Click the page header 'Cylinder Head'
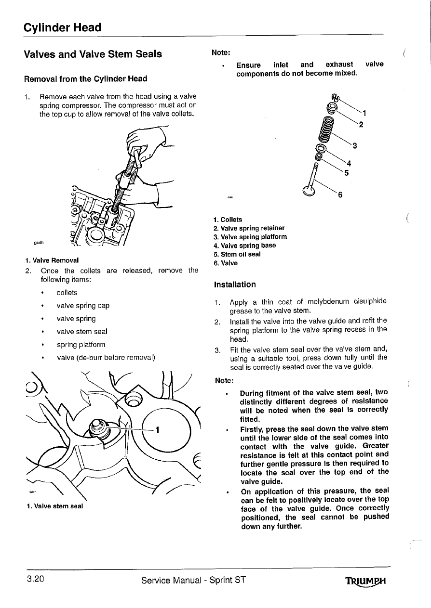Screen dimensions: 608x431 (63, 27)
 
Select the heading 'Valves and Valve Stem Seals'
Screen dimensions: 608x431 (93, 54)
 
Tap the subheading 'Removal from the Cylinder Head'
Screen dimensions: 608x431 (85, 78)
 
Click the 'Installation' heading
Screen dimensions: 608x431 (234, 285)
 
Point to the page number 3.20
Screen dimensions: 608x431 (35, 579)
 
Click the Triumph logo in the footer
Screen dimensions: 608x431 (366, 581)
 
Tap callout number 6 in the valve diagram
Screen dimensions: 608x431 (341, 195)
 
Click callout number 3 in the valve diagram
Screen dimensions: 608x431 (355, 146)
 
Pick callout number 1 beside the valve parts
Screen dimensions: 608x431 (365, 114)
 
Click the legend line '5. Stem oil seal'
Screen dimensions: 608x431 (237, 254)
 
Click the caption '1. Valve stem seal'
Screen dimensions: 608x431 (54, 506)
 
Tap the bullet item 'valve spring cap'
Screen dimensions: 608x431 (83, 306)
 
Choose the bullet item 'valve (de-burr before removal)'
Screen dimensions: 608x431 (106, 358)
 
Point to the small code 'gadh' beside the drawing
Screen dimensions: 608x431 (40, 242)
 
